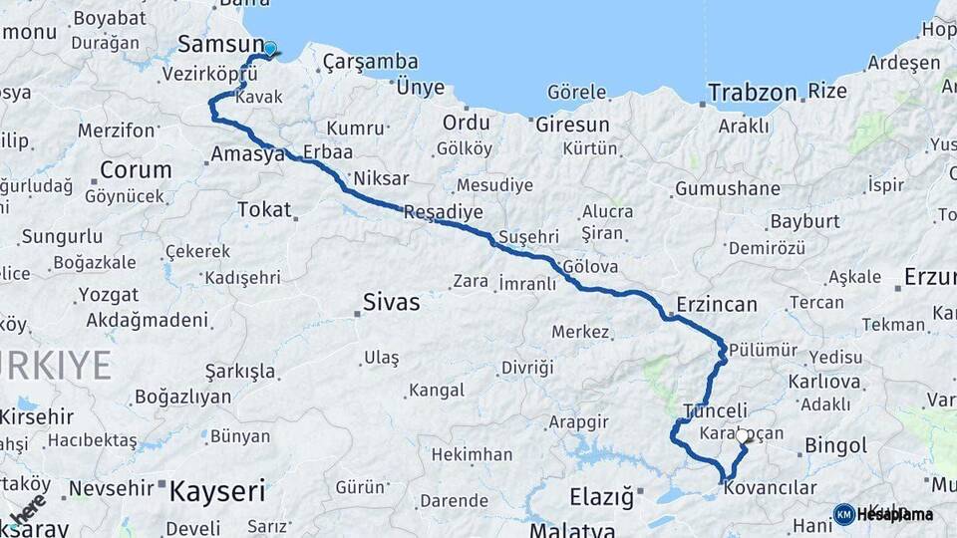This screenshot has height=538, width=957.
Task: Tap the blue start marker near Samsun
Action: click(x=269, y=48)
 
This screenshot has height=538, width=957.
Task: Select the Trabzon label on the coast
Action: click(x=753, y=93)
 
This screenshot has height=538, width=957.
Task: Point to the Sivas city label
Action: click(x=392, y=301)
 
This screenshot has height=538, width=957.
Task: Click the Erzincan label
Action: click(x=716, y=304)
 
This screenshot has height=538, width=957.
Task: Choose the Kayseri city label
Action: click(x=217, y=490)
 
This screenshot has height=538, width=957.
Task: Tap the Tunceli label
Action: click(x=715, y=410)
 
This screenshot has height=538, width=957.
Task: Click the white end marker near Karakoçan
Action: click(x=743, y=436)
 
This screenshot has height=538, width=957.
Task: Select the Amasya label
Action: click(x=247, y=154)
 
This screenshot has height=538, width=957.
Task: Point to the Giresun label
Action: click(x=572, y=126)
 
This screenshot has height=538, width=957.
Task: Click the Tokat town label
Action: click(x=264, y=209)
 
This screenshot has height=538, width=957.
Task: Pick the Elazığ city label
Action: click(x=601, y=496)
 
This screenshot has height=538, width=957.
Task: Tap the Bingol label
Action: click(x=807, y=444)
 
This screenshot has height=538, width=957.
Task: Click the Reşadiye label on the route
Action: click(x=444, y=212)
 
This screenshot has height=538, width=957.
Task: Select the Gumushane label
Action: click(x=728, y=188)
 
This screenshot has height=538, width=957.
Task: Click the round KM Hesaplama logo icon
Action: click(x=844, y=514)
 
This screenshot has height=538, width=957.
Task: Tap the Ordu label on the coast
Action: click(x=467, y=123)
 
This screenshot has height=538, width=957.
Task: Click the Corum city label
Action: click(x=136, y=169)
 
